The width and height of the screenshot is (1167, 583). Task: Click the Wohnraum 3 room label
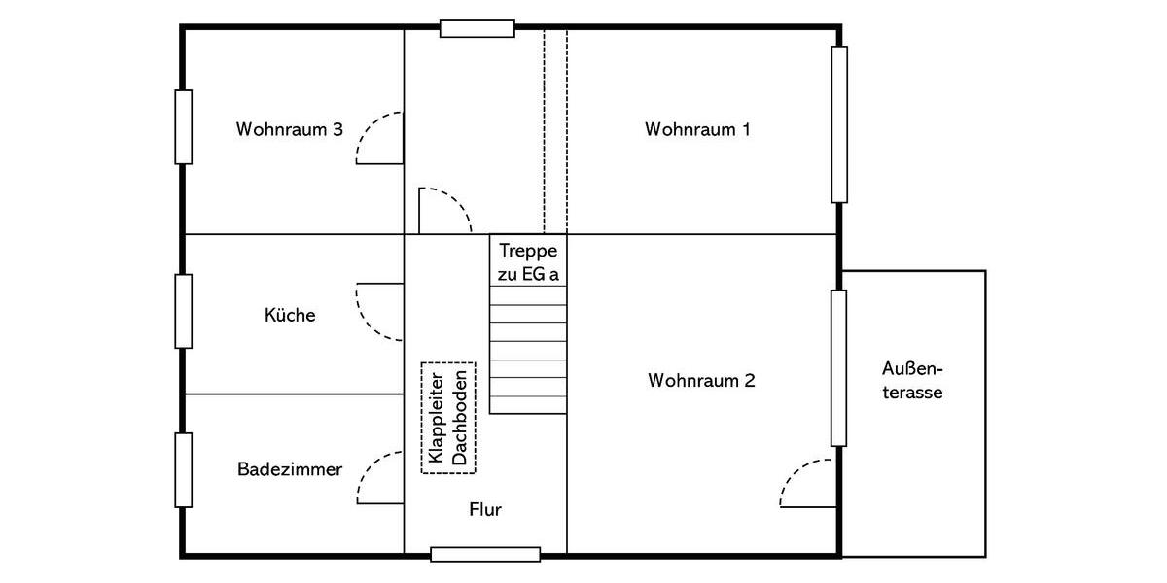289,129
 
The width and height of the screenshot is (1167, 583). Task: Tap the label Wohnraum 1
697,129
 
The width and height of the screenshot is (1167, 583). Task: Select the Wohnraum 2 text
701,381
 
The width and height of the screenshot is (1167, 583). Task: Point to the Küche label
290,315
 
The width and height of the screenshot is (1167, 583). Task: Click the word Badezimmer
290,470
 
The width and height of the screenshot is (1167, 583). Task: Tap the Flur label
484,510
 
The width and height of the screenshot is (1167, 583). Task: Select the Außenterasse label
912,381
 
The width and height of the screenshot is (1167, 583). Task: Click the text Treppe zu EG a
528,262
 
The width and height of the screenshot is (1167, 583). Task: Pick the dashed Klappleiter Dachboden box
448,418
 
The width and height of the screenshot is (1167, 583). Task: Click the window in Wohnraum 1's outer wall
838,124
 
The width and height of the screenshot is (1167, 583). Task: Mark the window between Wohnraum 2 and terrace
838,367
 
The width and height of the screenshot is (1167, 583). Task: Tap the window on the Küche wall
183,311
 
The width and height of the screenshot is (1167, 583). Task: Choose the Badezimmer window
183,470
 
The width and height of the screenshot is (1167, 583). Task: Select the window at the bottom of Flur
485,554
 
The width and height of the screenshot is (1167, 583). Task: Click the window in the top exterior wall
477,28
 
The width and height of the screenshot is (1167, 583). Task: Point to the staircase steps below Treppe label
528,350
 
